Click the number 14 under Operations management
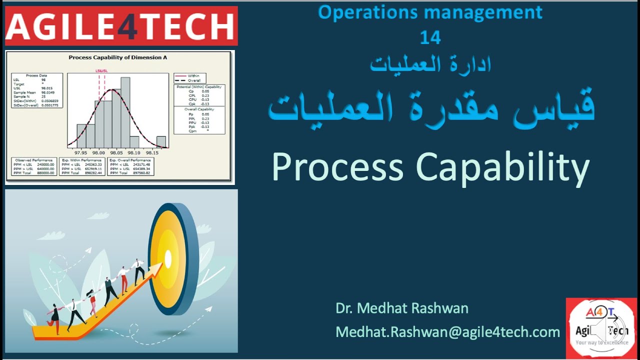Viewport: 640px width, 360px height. click(430, 38)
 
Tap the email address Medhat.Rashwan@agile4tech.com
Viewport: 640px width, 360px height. click(447, 331)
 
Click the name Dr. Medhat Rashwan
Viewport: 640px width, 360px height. click(402, 308)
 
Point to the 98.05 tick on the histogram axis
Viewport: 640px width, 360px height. click(116, 152)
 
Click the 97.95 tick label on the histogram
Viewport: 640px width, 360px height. click(80, 152)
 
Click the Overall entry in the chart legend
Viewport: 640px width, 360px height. click(194, 80)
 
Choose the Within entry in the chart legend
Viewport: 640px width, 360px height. click(193, 76)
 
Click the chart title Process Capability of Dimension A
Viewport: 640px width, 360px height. click(117, 57)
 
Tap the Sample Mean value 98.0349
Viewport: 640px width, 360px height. click(48, 92)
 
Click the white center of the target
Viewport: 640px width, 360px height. click(168, 258)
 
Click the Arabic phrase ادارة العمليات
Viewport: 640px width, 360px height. click(430, 64)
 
